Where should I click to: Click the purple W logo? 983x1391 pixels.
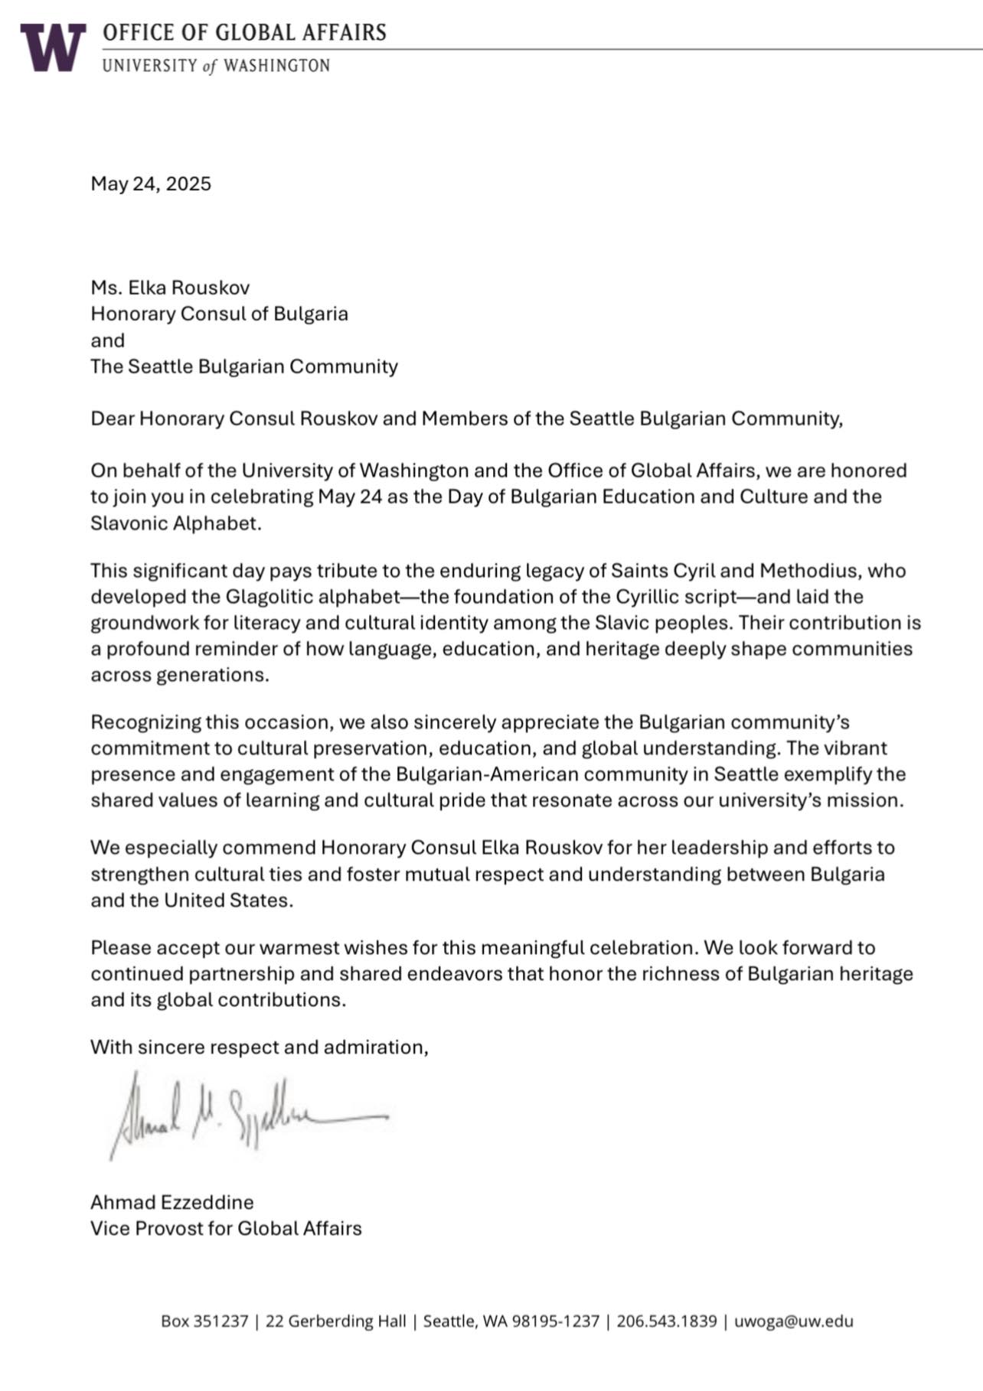[52, 47]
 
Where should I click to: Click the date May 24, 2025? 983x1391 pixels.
[151, 184]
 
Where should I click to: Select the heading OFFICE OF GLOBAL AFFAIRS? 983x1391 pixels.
[244, 33]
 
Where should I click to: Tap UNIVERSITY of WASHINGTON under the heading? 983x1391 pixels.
[216, 66]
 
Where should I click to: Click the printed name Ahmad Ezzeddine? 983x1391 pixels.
[171, 1202]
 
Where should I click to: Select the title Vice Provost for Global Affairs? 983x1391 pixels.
[226, 1228]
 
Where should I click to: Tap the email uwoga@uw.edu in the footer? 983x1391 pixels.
[793, 1321]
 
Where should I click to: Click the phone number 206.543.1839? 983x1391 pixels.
[666, 1321]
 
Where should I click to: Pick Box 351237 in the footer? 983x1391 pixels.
[204, 1321]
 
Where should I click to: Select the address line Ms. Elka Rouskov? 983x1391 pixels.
[170, 288]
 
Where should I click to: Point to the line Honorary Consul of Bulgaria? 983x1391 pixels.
[219, 314]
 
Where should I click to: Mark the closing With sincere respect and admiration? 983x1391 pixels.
[259, 1047]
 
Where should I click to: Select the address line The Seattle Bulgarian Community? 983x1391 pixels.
[244, 366]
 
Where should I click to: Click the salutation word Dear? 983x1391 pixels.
[112, 419]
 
